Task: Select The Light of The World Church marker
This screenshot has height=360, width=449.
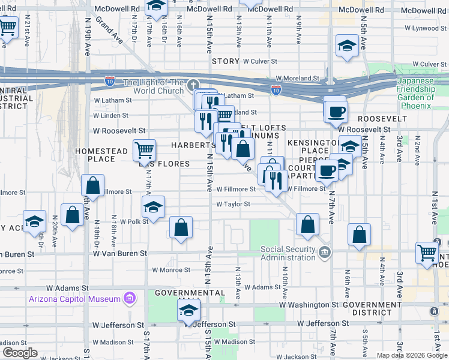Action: [x=192, y=85]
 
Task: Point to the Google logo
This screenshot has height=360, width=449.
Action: [x=20, y=353]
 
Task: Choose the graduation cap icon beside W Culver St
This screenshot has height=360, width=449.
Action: [x=347, y=46]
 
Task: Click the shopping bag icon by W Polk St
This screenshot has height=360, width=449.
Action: [x=181, y=227]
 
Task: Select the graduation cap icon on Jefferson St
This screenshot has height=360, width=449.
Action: [x=188, y=311]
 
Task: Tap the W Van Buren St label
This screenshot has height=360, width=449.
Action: [x=119, y=254]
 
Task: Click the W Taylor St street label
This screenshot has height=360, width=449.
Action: [x=234, y=204]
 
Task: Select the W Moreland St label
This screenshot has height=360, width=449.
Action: [x=298, y=79]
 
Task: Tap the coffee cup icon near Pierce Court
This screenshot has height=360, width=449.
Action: [x=327, y=170]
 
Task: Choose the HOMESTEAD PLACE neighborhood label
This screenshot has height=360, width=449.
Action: [x=100, y=155]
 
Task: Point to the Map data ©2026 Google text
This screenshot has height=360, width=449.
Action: [x=411, y=355]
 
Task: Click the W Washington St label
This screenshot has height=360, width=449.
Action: [x=309, y=305]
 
